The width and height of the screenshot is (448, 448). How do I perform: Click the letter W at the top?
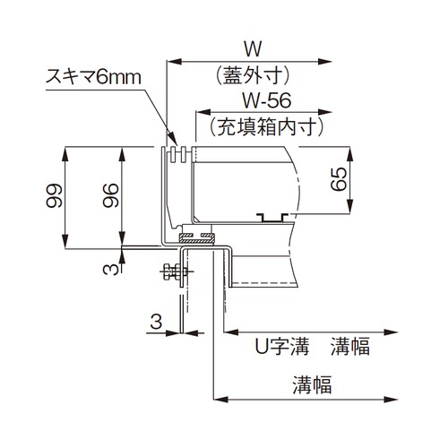[253, 48]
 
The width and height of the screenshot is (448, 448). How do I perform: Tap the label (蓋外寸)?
[253, 75]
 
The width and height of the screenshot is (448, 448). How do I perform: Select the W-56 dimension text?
[266, 100]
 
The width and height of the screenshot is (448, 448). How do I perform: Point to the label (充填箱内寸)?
[266, 127]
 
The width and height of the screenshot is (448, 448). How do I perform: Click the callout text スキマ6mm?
[93, 77]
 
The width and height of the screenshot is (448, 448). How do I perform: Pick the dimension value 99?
[54, 195]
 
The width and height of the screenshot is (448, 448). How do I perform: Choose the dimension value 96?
[110, 195]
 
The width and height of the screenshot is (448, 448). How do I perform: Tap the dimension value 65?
[339, 179]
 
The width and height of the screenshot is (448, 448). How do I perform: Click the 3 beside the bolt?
[111, 270]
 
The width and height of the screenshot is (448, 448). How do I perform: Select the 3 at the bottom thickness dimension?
[156, 322]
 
